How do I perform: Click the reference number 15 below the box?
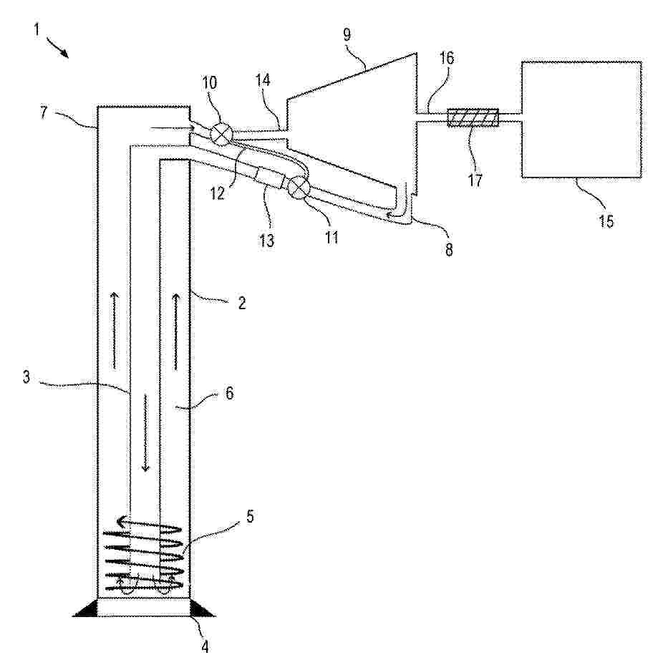coord(606,220)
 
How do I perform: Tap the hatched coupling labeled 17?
coord(473,117)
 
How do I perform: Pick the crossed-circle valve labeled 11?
coord(298,186)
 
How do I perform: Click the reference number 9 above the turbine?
coord(347,35)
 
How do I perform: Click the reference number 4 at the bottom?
coord(205,646)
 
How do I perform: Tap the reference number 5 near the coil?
coord(250,516)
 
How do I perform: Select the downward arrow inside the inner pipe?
coord(145,433)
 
